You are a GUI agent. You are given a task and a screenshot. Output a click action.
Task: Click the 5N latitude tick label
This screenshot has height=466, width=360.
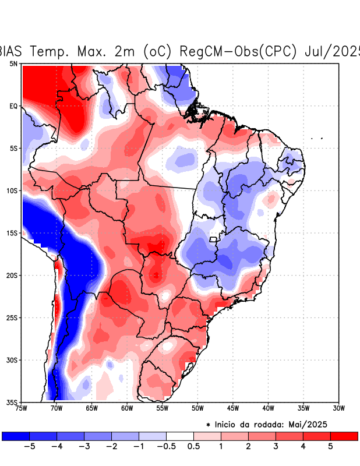coord(13,63)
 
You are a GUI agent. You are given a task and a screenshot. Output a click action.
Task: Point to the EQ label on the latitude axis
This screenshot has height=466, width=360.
coord(13,106)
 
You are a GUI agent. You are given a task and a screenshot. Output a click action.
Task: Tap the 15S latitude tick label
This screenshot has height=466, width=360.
coord(12,233)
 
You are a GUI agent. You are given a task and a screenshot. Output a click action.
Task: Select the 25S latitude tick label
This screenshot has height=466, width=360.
coord(12,317)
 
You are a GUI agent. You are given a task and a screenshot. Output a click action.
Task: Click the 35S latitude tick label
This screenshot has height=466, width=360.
coord(12,402)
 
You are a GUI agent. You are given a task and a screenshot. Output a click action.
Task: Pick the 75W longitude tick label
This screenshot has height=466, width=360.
coord(22,408)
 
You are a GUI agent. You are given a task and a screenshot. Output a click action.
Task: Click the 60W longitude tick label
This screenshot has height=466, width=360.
coord(126,408)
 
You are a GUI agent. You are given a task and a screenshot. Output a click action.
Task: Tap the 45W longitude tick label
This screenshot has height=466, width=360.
coord(232,408)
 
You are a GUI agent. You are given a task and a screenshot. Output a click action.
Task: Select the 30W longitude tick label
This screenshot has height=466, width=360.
coord(338,408)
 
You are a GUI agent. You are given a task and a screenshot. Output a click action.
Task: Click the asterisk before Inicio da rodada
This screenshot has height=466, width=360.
coord(208,425)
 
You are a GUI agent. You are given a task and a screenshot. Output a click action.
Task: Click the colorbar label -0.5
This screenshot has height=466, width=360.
coord(166,446)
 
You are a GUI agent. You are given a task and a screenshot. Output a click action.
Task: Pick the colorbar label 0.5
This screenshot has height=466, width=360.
coord(194,446)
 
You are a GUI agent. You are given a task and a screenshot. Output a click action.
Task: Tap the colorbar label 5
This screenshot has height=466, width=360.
coord(331,446)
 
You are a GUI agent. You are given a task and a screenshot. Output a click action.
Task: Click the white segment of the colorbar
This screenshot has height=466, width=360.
coord(180,436)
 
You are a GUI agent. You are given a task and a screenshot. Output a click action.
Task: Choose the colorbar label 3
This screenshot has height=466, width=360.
coord(276,446)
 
